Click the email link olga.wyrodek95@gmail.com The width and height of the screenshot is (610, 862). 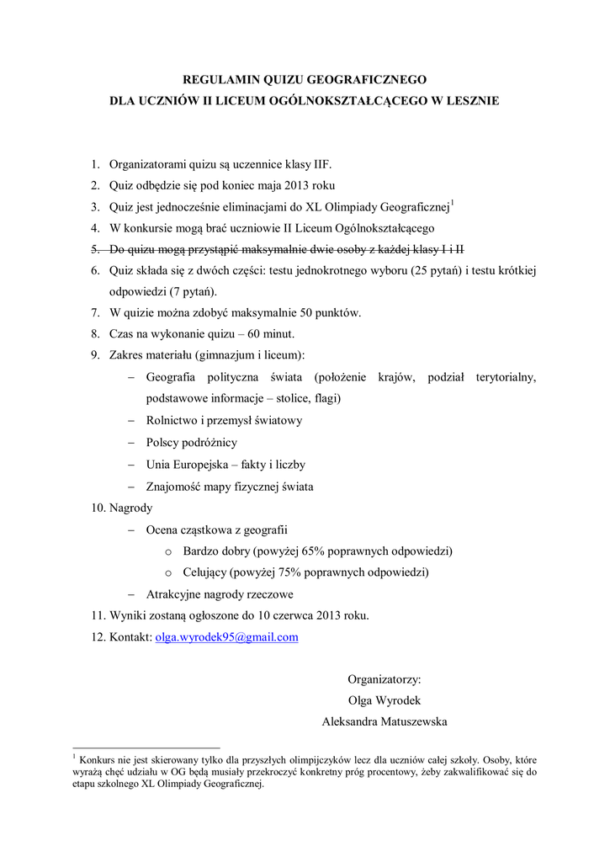pyautogui.click(x=227, y=637)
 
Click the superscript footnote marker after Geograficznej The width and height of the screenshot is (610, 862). pyautogui.click(x=453, y=203)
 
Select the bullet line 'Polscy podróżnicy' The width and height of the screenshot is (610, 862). pyautogui.click(x=191, y=442)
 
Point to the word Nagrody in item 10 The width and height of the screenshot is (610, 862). pyautogui.click(x=131, y=508)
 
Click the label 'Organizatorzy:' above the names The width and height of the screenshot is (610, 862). pyautogui.click(x=385, y=679)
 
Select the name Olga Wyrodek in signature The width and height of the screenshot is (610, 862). pyautogui.click(x=385, y=700)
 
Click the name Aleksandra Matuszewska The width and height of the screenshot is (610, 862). pyautogui.click(x=385, y=721)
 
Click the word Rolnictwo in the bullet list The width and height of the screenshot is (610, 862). pyautogui.click(x=172, y=420)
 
